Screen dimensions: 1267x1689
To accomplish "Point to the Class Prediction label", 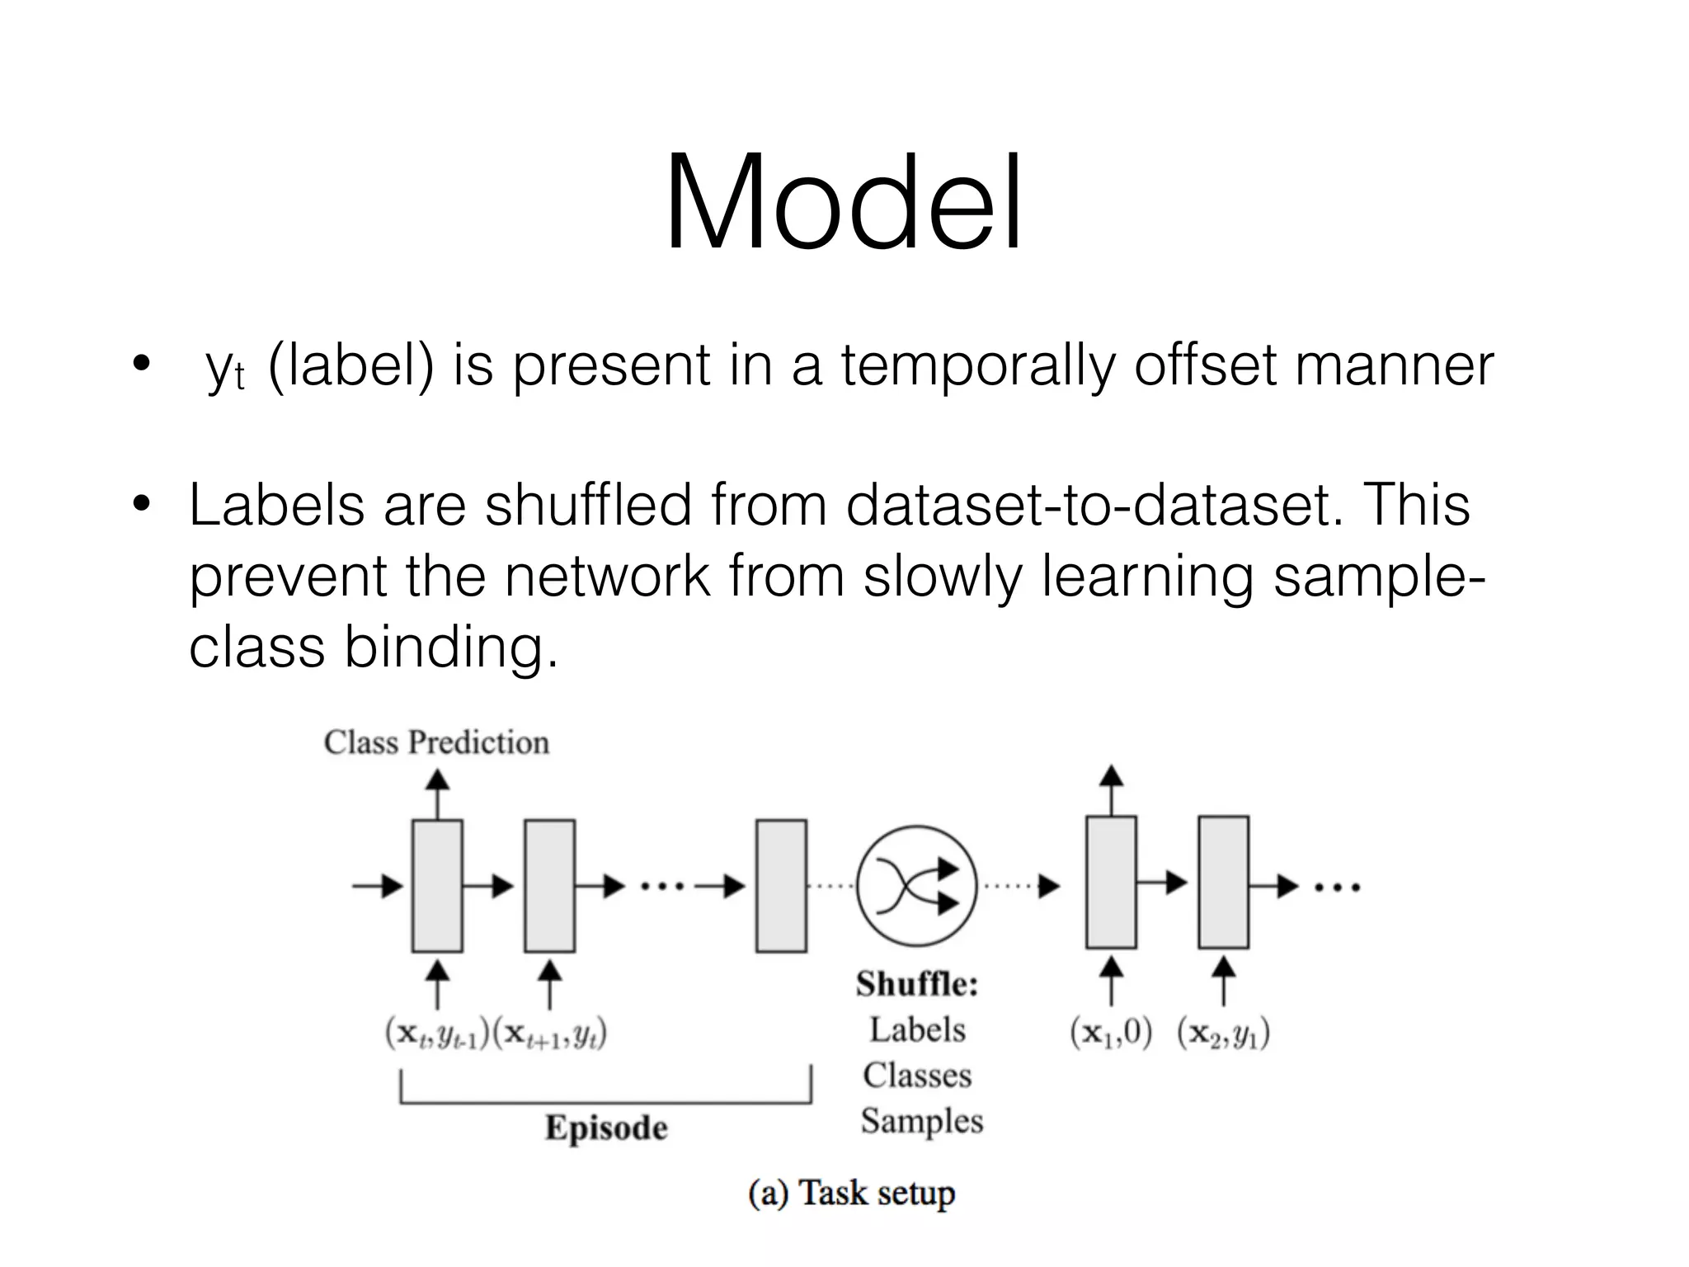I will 436,742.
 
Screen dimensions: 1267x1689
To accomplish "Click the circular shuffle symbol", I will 916,886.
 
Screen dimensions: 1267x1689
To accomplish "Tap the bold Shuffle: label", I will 917,984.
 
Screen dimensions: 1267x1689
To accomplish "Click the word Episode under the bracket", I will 606,1128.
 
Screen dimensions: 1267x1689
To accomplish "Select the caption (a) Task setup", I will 851,1193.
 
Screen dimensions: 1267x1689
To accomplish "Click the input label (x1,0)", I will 1111,1033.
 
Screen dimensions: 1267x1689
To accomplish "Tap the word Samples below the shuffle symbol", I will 922,1121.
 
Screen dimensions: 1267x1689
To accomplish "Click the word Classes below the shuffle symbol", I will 917,1076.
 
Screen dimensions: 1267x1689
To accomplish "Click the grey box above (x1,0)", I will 1111,882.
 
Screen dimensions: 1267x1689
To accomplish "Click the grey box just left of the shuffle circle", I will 781,886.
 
